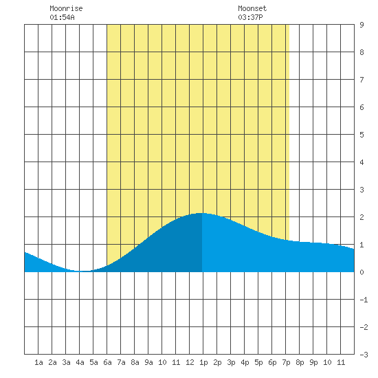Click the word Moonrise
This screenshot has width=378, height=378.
(66, 8)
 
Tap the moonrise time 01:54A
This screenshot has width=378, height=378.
(62, 17)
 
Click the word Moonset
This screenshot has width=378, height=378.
(252, 8)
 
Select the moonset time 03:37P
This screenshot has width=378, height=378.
(250, 17)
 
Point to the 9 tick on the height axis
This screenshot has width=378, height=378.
(362, 25)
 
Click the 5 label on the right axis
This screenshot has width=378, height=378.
(362, 135)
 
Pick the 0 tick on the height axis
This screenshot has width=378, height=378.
(362, 272)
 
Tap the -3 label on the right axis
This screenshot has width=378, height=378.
(364, 355)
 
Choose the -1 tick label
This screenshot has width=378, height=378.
(364, 300)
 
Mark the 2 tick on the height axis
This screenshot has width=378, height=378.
(362, 217)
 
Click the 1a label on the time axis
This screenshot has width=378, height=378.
(38, 362)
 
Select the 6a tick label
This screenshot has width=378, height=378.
(107, 362)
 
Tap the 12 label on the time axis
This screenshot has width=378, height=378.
(190, 362)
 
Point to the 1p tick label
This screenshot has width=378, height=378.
(203, 362)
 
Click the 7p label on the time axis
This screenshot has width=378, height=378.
(286, 362)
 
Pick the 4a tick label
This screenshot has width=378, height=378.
(80, 362)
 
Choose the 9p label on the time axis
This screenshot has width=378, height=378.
(313, 362)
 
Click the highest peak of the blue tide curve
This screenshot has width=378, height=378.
(201, 213)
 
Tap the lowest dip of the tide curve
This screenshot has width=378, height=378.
(81, 271)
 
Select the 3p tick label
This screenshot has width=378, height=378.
(231, 362)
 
